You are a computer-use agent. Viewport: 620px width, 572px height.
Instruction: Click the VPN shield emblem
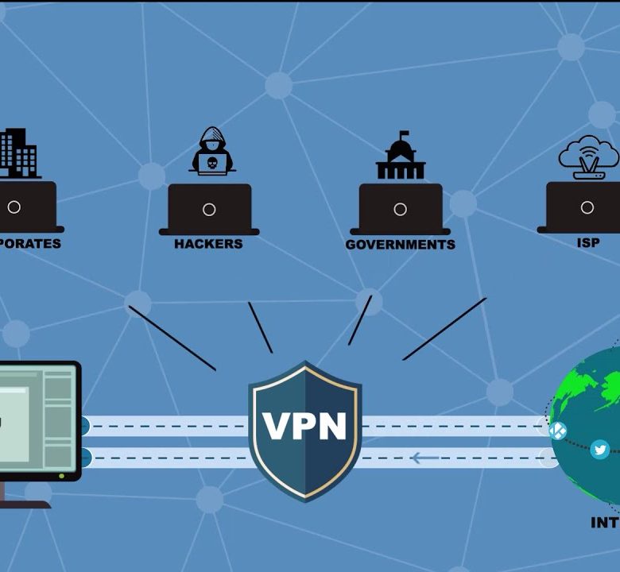coord(304,429)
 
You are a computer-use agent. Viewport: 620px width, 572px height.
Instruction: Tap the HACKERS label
coord(208,244)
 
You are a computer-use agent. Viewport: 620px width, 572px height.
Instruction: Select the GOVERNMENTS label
coord(400,245)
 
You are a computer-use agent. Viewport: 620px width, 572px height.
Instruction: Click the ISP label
coord(588,243)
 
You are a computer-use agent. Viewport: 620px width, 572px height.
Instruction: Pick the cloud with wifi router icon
coord(588,156)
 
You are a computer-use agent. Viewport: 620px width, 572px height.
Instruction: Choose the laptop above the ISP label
coord(587,208)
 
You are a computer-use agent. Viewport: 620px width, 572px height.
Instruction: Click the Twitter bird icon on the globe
coord(600,450)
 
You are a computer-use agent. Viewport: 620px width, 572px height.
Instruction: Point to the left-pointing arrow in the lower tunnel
coord(425,458)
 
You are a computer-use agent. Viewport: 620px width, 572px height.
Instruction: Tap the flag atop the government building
coord(404,134)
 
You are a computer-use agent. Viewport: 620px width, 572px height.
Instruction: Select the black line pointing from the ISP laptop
coord(444,329)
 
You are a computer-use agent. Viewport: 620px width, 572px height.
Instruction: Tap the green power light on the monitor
coord(62,475)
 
